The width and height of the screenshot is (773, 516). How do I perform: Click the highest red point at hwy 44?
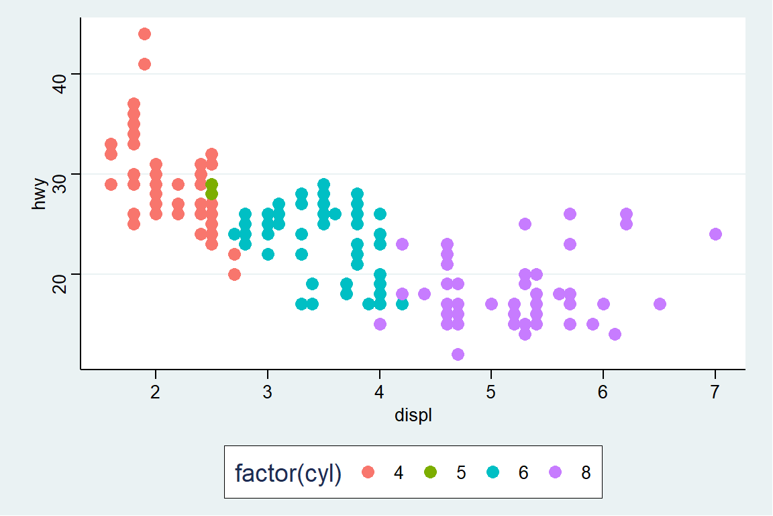[x=144, y=34]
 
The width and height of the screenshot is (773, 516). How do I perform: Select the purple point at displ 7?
[x=715, y=234]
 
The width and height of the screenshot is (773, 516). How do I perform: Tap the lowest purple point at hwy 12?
[x=458, y=354]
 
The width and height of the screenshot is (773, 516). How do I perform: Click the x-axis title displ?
[x=413, y=416]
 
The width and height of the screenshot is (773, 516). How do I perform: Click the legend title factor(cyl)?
[x=288, y=473]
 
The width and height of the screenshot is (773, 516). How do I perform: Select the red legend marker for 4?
[x=368, y=472]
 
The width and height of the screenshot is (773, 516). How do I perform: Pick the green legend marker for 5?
[x=430, y=472]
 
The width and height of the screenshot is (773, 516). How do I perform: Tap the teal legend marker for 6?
[x=493, y=472]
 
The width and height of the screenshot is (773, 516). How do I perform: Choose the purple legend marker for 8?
[x=555, y=472]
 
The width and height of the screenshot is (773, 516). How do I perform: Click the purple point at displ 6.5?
[x=660, y=304]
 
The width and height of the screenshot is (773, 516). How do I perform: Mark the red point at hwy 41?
[x=144, y=64]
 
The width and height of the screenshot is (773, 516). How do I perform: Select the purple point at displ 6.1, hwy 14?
[x=615, y=334]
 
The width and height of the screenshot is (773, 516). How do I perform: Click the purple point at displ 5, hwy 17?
[x=491, y=304]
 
